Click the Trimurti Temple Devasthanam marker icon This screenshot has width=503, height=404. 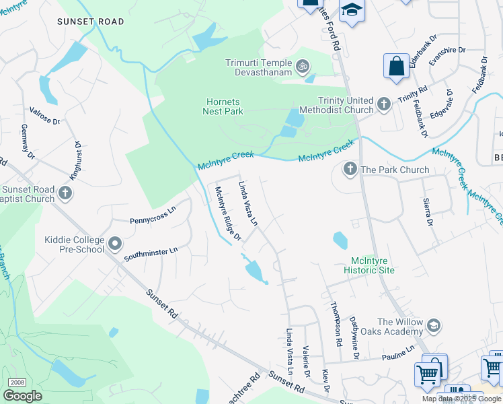[303, 66]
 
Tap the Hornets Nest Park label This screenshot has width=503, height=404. [223, 106]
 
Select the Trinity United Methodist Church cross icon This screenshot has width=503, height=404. [383, 104]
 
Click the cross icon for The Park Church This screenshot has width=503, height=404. [350, 169]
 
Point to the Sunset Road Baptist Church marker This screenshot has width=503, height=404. [65, 194]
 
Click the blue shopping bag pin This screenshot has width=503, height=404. [396, 67]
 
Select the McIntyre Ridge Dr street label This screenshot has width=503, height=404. [227, 213]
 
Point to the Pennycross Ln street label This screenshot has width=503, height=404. [152, 221]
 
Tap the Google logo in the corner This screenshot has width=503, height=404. [22, 396]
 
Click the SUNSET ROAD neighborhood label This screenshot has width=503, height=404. [91, 22]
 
